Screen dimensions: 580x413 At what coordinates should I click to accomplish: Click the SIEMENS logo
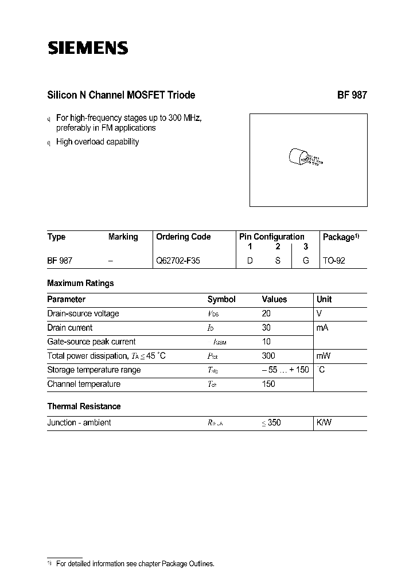[88, 48]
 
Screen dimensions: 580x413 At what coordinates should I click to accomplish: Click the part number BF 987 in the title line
[352, 95]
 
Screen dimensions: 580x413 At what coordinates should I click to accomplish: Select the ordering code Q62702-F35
[178, 260]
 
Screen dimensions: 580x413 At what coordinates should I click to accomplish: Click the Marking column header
[123, 237]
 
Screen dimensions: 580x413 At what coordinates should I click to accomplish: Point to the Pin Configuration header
[271, 237]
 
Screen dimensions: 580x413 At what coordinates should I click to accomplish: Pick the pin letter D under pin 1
[250, 260]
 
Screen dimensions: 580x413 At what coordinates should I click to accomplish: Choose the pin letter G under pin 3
[306, 260]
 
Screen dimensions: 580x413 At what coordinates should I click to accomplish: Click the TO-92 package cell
[334, 260]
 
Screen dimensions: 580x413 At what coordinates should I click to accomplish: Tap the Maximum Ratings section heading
[80, 283]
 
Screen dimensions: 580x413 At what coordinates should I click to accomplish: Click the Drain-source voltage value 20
[266, 313]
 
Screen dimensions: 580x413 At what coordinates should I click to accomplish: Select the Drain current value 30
[266, 328]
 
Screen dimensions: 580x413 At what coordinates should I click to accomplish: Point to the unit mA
[322, 328]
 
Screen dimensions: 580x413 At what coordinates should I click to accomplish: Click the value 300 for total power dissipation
[268, 356]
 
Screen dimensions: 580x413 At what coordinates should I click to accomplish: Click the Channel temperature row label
[84, 384]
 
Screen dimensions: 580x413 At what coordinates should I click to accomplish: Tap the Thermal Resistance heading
[84, 406]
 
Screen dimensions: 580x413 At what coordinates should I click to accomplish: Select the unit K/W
[324, 422]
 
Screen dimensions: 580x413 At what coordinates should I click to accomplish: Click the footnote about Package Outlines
[135, 564]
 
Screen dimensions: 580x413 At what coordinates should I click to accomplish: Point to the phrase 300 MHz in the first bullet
[185, 117]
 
